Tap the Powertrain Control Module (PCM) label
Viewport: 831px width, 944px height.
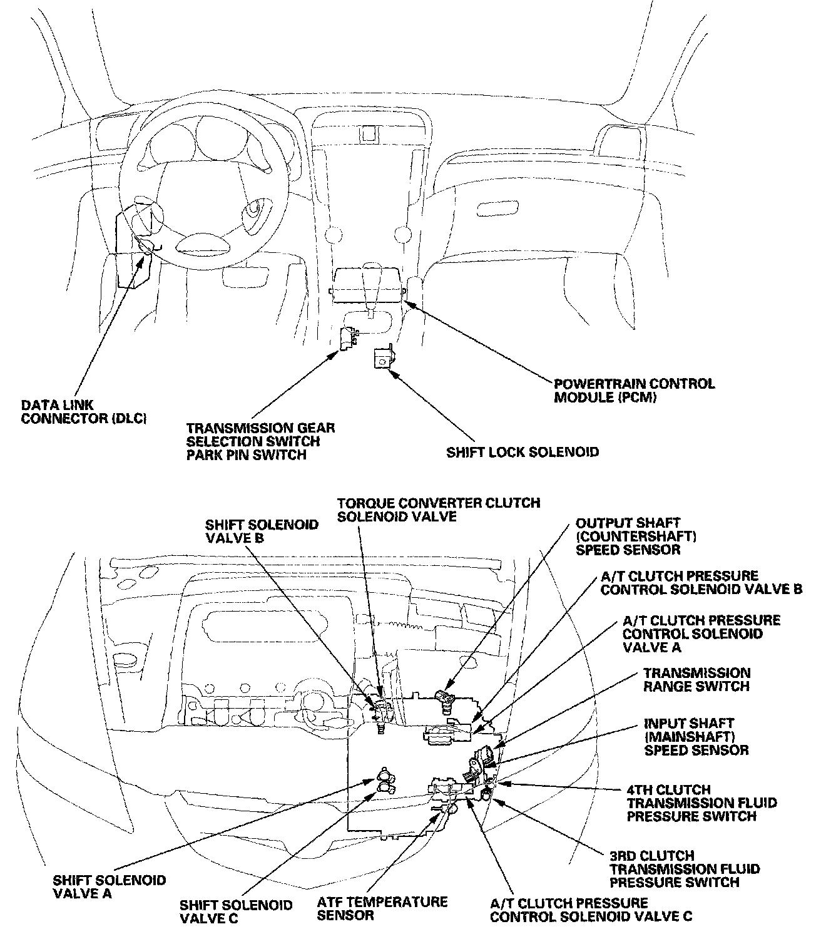(634, 391)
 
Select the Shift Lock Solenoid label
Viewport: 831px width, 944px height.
(522, 451)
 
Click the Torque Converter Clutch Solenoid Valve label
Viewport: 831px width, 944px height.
(438, 509)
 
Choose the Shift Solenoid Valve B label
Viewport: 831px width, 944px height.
(262, 531)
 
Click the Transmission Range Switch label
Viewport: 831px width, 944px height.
(696, 679)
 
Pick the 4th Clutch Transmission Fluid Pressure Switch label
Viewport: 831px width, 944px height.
(701, 803)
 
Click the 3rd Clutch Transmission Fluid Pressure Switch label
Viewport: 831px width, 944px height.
(685, 869)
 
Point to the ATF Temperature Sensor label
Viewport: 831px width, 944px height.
(382, 908)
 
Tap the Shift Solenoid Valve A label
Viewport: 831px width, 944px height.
(110, 886)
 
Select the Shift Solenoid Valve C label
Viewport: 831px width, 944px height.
(235, 911)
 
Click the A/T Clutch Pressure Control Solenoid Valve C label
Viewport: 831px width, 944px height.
(590, 910)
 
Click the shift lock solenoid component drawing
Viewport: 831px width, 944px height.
(382, 359)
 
